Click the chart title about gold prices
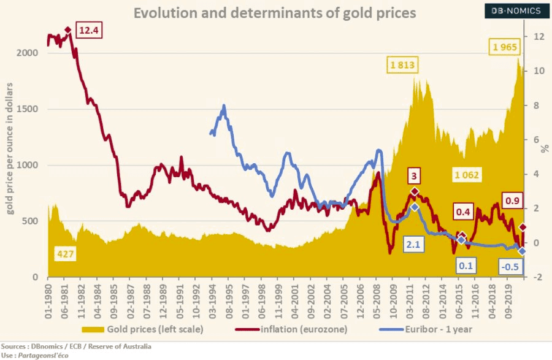(275, 12)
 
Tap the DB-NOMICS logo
(515, 10)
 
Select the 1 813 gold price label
(403, 65)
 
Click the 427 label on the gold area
(65, 253)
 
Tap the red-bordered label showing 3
(414, 177)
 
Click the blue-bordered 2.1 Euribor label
(412, 244)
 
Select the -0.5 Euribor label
(510, 267)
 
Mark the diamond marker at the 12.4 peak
(67, 30)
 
